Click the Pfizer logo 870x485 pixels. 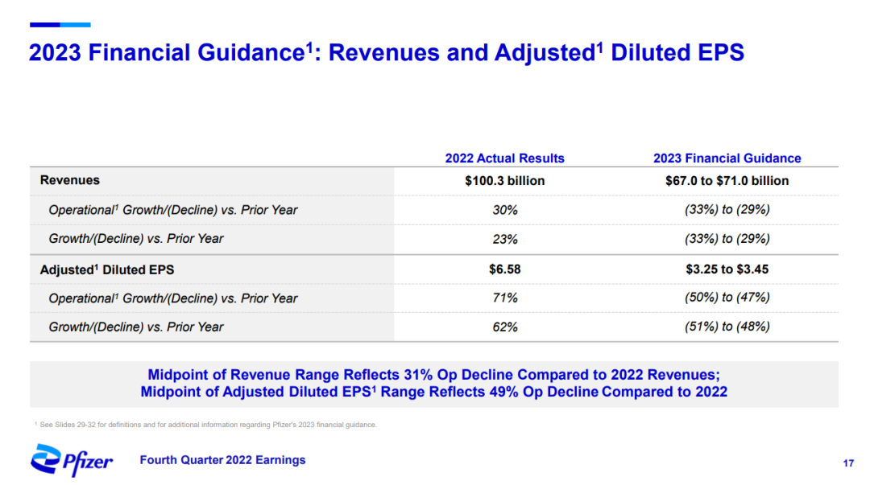click(x=72, y=460)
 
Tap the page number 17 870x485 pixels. click(x=847, y=463)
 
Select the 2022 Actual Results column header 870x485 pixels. click(x=504, y=158)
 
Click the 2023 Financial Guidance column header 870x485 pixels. click(x=727, y=158)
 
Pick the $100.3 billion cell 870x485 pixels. click(x=504, y=181)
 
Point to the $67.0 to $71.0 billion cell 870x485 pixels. click(x=727, y=181)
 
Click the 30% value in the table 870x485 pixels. click(x=504, y=210)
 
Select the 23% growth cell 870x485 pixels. click(x=504, y=239)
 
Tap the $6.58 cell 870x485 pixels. click(x=504, y=269)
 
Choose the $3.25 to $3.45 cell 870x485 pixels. click(x=727, y=269)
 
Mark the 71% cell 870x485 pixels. click(x=504, y=298)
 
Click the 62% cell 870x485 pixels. click(x=504, y=327)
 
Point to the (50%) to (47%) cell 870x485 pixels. click(x=727, y=298)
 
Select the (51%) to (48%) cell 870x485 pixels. click(x=727, y=327)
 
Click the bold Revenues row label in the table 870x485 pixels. click(x=70, y=181)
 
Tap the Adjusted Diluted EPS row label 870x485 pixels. click(x=107, y=269)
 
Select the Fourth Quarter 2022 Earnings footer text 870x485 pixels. click(x=222, y=460)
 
